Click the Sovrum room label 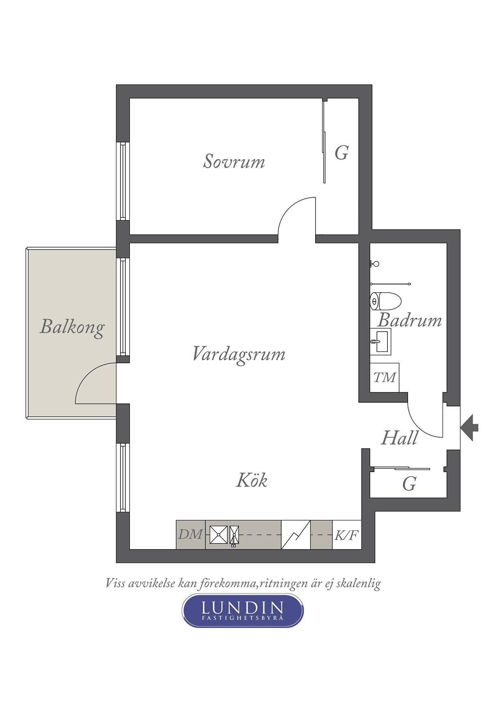point(234,161)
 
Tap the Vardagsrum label point(239,354)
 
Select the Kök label point(251,480)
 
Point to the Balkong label point(72,327)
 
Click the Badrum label point(410,320)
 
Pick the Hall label point(400,438)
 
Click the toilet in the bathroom point(385,301)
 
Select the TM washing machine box point(385,378)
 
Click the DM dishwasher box point(191,535)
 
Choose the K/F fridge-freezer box point(347,535)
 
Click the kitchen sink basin point(219,535)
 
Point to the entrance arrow point(469,427)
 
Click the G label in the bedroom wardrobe point(342,153)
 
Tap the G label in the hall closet point(409,484)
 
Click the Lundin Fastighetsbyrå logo point(243,611)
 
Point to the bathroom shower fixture point(374,264)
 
